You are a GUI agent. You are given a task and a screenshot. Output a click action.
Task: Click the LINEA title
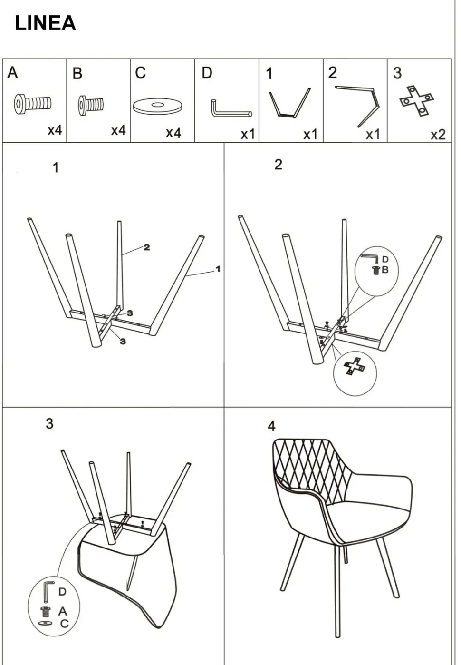[x=45, y=23]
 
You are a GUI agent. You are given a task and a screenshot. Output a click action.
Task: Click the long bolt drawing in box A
[x=33, y=104]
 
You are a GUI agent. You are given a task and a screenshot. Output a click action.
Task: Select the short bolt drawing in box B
[x=91, y=106]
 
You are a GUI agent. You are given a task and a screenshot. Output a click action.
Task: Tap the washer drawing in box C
[x=157, y=106]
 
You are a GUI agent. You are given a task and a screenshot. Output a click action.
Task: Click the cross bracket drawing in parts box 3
[x=416, y=101]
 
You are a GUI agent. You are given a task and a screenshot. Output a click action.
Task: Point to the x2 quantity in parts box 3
[x=438, y=135]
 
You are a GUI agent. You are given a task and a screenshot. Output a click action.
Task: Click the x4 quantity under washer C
[x=173, y=133]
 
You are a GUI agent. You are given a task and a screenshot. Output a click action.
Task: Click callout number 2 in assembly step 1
[x=146, y=247]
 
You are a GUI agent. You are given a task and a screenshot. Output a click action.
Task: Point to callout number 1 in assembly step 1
[x=218, y=269]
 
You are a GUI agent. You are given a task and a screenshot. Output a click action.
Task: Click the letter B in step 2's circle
[x=385, y=270]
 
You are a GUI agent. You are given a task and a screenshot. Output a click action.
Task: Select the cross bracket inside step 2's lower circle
[x=355, y=367]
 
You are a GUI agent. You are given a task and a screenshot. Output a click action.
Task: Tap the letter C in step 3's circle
[x=64, y=624]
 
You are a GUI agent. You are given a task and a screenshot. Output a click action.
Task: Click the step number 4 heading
[x=271, y=426]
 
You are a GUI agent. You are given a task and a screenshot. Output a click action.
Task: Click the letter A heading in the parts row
[x=12, y=72]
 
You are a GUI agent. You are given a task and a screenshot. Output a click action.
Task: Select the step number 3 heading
[x=49, y=424]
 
